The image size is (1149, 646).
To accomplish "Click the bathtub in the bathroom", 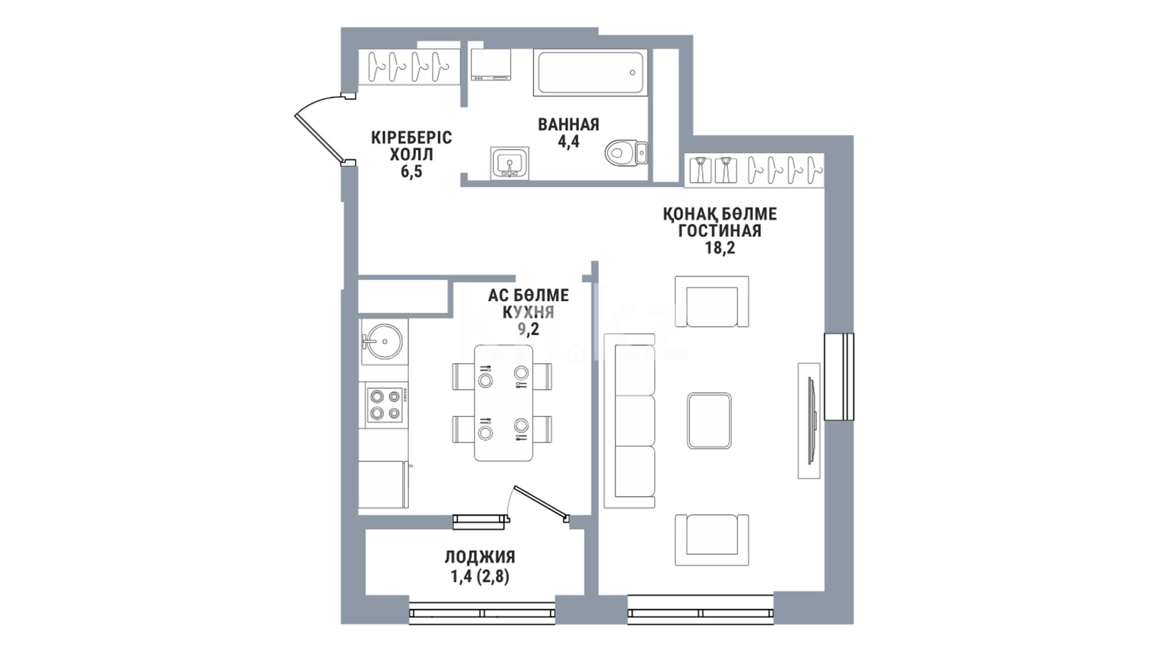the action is coord(590,73).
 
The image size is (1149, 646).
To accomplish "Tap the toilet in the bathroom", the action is coord(626,152).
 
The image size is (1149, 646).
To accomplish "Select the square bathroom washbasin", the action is coord(509,163).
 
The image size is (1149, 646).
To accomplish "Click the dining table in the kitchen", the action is coord(503,403).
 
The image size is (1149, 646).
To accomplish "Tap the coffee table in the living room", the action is coord(709,420).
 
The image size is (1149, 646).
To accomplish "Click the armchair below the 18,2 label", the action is coord(712,301).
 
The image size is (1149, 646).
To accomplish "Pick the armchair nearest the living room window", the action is coord(712,540).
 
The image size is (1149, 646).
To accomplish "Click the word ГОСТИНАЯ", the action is coord(720,231).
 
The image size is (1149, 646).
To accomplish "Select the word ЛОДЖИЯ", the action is coord(479,557).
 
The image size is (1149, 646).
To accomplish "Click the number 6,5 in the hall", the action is coord(411,172).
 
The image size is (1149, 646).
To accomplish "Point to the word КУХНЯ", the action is coord(528,312).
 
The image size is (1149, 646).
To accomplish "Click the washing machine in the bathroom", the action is coord(491,65).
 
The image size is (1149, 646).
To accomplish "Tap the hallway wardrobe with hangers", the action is coord(409,67).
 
